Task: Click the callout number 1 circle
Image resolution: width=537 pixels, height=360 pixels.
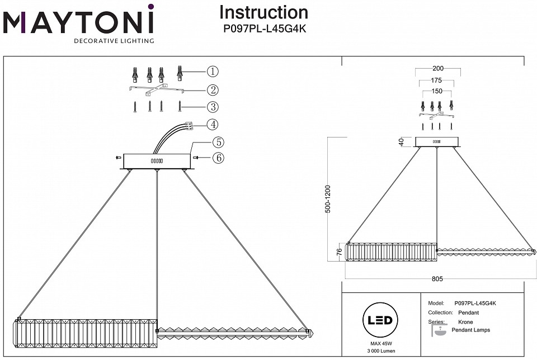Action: click(213, 72)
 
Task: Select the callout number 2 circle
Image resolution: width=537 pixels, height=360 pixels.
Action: click(213, 89)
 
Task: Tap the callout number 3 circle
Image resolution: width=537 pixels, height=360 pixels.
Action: click(213, 107)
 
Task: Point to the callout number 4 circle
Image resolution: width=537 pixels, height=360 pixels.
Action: click(213, 125)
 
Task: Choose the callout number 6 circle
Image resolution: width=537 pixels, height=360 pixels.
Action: click(218, 158)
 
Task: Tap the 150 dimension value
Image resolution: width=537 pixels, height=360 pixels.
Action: click(437, 91)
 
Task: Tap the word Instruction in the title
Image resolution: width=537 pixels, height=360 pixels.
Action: click(263, 12)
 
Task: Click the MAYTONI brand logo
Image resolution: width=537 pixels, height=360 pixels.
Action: click(78, 23)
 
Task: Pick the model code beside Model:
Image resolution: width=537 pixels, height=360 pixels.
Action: click(475, 303)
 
